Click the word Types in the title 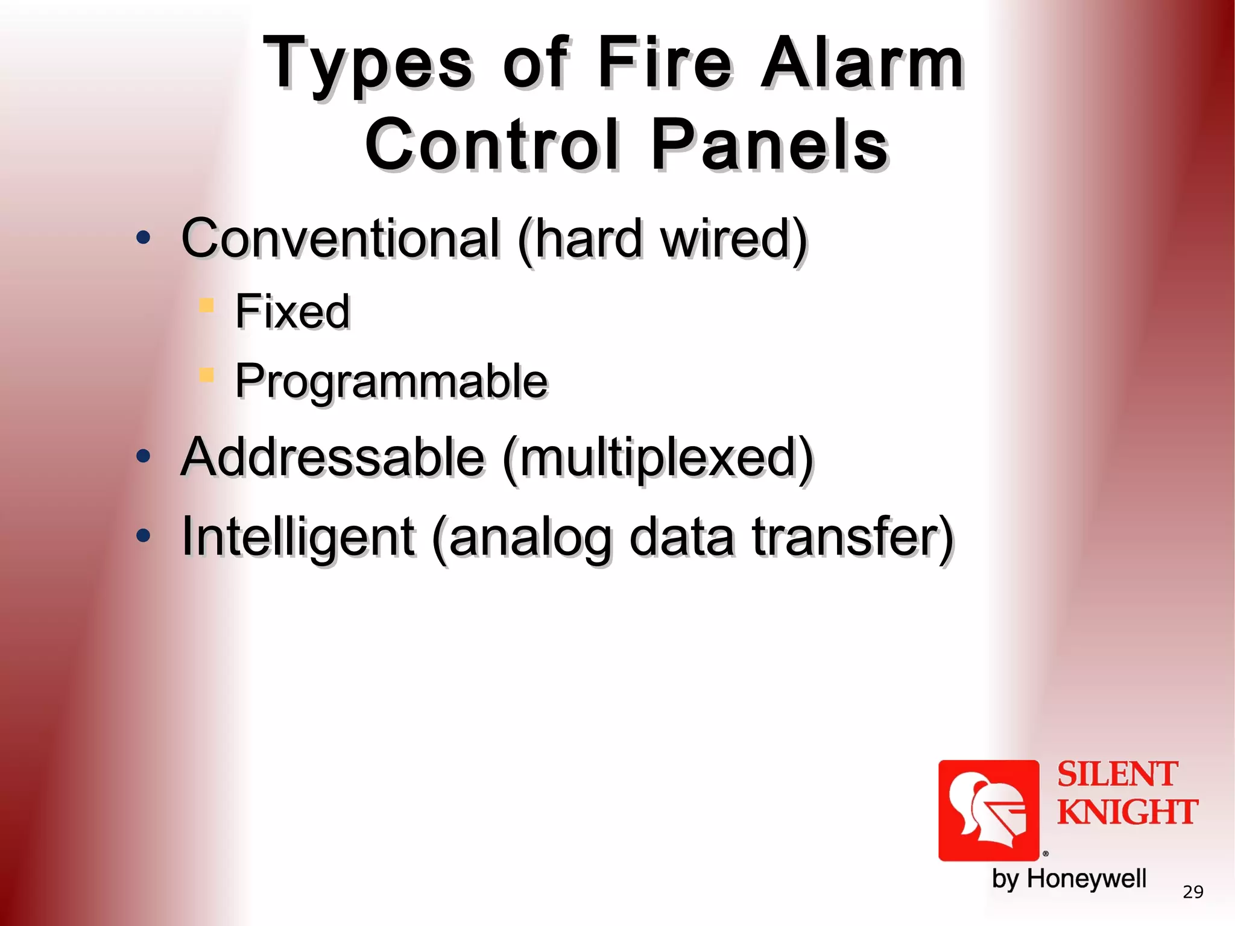tap(368, 65)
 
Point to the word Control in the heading tap(491, 145)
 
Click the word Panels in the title tap(769, 145)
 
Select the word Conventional tap(341, 238)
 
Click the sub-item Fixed tap(292, 311)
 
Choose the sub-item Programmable tap(391, 381)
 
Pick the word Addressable tap(333, 457)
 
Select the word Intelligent tap(298, 537)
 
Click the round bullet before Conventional tap(143, 238)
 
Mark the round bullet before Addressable tap(143, 456)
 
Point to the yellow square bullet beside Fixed tap(206, 305)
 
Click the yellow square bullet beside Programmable tap(206, 375)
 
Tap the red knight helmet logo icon tap(988, 810)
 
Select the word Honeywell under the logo tap(1086, 878)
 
